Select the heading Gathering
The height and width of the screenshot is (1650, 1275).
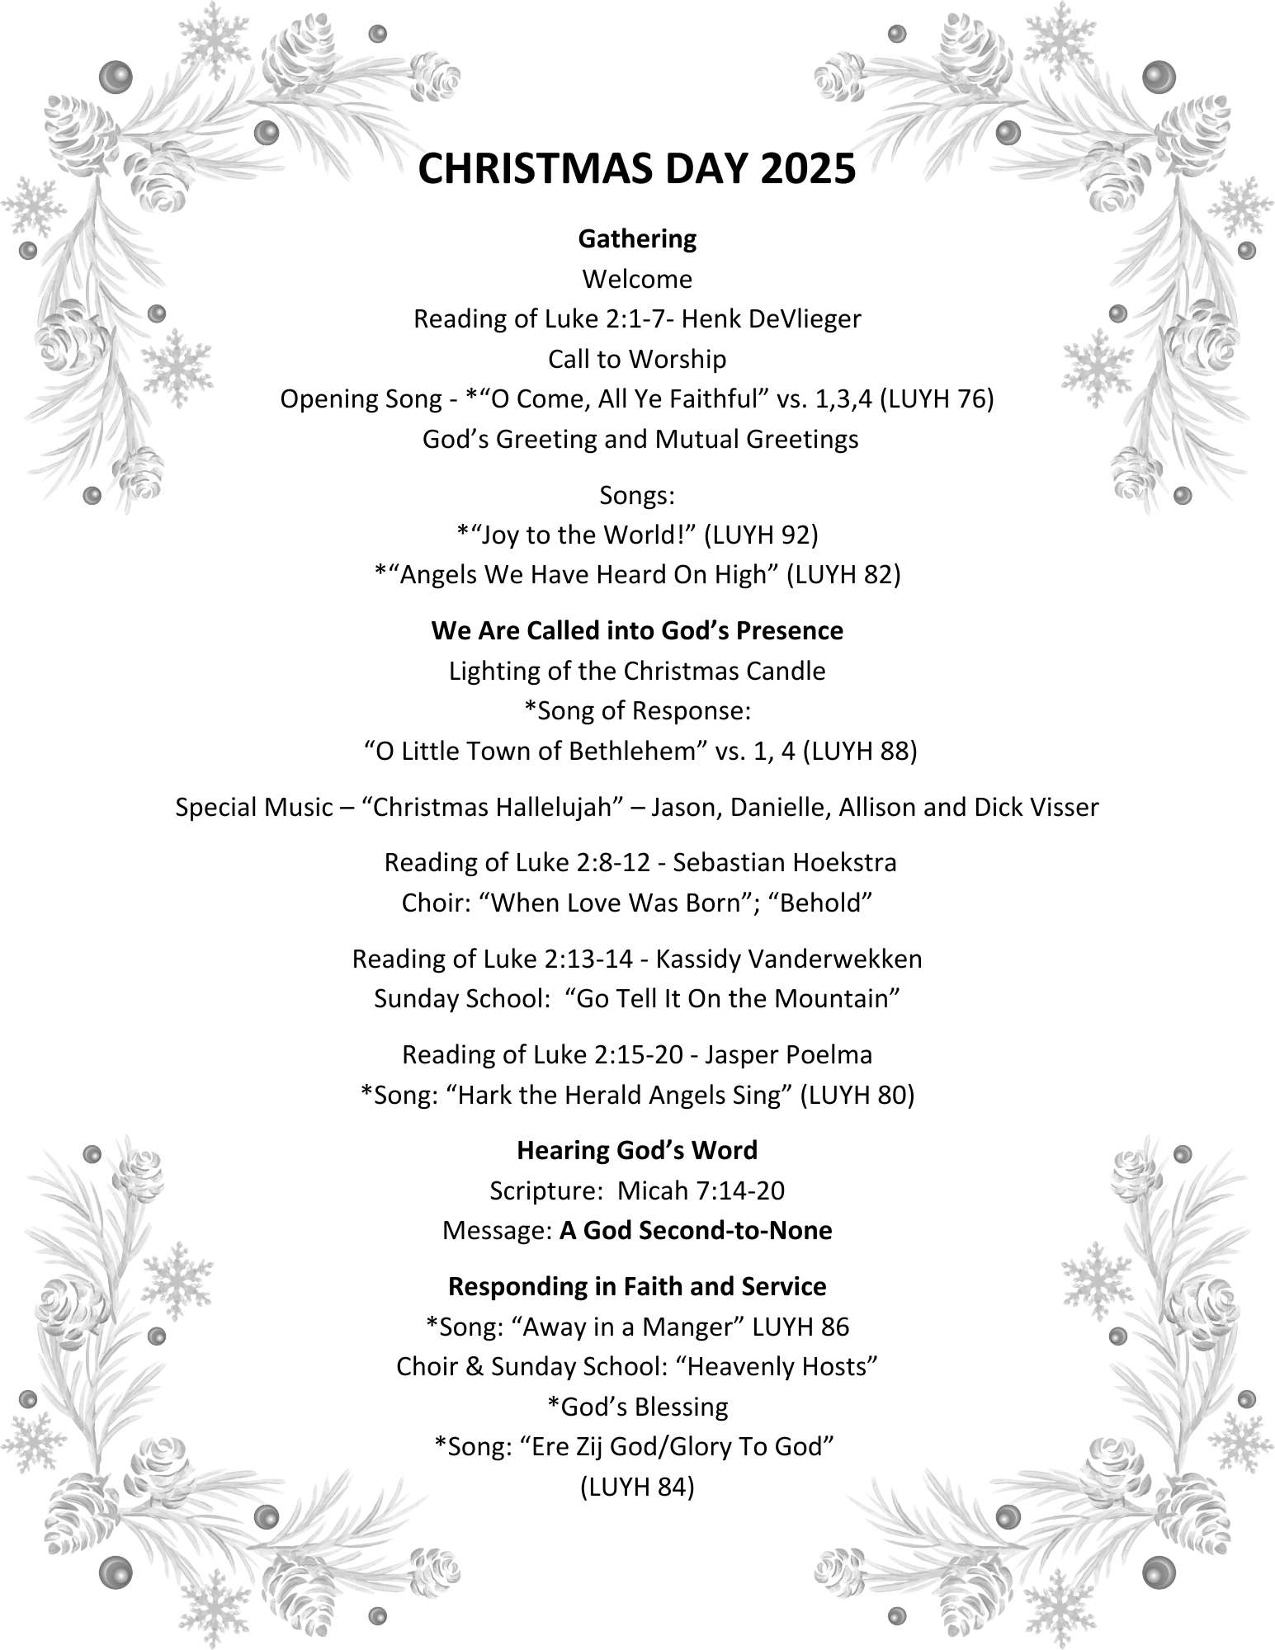637,238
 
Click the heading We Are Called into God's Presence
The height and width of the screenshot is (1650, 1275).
637,630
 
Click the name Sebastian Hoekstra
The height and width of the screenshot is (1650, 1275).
785,862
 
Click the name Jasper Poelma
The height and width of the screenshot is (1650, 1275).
789,1054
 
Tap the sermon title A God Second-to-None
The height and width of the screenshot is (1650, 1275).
696,1230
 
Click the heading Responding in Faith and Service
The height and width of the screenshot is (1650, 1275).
637,1286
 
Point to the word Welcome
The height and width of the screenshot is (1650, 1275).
637,279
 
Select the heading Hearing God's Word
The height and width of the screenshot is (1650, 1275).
637,1150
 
